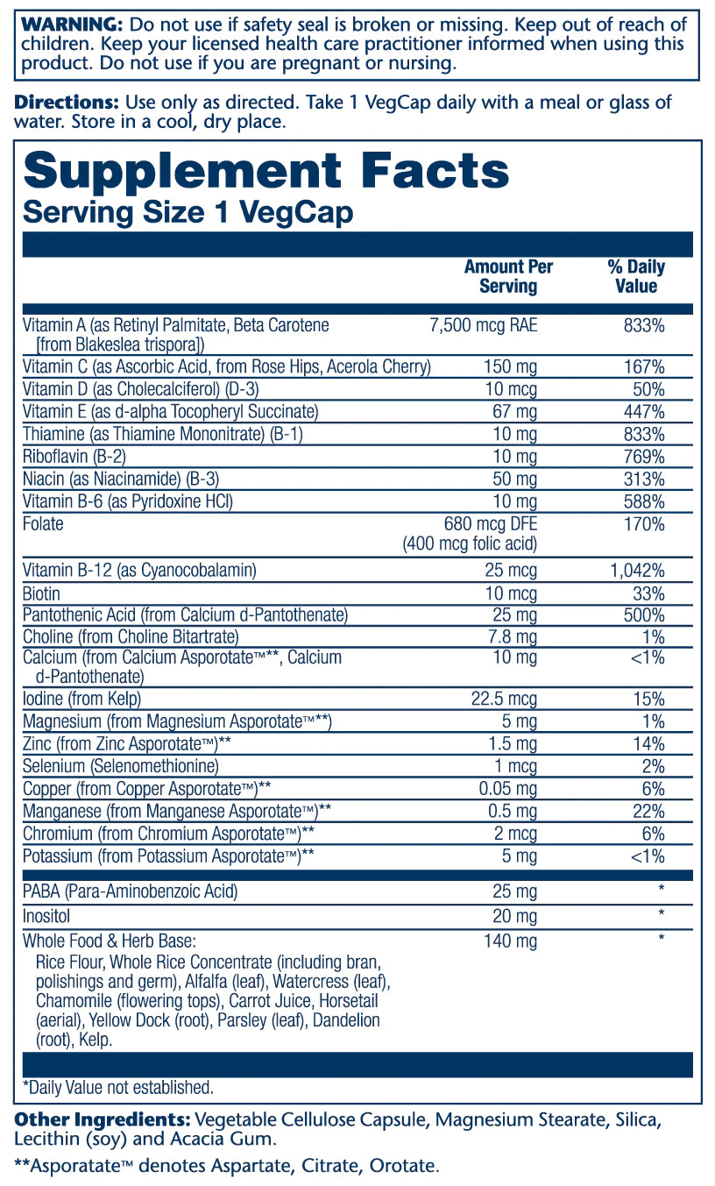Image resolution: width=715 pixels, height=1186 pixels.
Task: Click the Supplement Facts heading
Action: tap(265, 171)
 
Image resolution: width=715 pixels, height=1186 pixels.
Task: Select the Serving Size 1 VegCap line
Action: tap(188, 213)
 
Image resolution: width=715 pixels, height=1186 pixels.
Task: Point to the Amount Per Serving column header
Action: tap(508, 276)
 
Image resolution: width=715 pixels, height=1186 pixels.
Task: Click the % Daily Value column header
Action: tap(635, 276)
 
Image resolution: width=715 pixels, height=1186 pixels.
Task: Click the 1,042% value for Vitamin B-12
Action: tap(637, 571)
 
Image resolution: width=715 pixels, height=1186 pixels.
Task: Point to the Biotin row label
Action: tap(42, 593)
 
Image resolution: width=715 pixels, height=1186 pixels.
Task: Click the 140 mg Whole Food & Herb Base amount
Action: tap(510, 941)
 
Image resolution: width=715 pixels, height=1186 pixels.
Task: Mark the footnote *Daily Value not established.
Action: tap(118, 1088)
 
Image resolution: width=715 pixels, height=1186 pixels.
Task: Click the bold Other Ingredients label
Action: tap(103, 1120)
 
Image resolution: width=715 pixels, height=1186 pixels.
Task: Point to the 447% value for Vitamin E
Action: tap(647, 412)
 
